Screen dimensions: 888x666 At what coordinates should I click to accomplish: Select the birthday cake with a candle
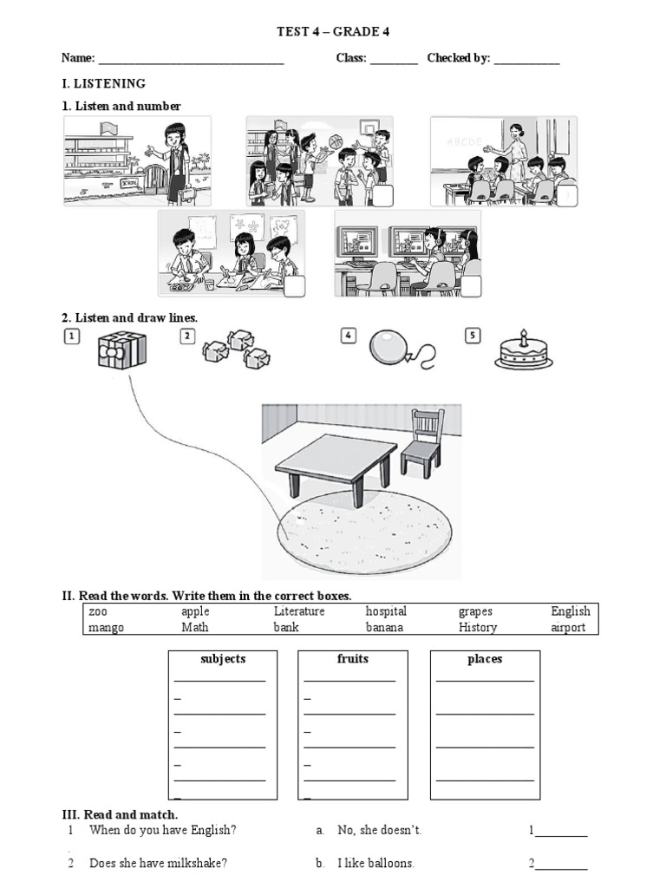point(523,351)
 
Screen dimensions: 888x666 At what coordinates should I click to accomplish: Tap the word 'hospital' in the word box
point(386,611)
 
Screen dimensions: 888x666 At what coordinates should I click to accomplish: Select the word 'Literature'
point(299,611)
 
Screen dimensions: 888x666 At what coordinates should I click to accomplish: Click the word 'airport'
point(568,628)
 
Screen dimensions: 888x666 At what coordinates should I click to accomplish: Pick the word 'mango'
point(107,628)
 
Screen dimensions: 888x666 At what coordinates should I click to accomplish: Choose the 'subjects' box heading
point(223,659)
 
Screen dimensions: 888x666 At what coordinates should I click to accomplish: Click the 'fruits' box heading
point(353,659)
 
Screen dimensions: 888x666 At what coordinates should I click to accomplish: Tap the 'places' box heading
point(485,659)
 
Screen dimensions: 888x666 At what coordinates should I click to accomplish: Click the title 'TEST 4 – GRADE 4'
point(333,32)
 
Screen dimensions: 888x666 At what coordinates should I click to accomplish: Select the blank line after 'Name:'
point(191,61)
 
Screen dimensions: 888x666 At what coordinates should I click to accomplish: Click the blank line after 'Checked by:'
point(527,61)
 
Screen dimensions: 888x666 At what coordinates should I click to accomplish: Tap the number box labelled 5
point(473,336)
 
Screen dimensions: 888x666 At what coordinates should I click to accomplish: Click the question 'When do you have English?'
point(163,830)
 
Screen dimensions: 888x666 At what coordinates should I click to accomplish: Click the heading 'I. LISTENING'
point(103,84)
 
